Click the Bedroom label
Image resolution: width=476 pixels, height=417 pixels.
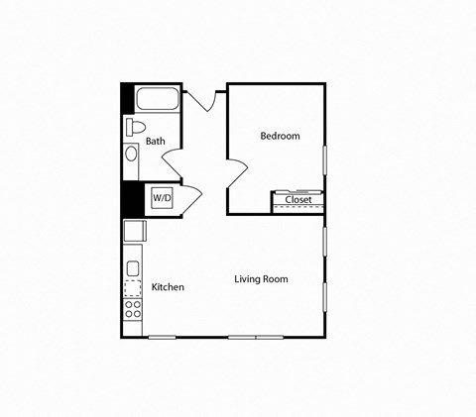click(x=280, y=136)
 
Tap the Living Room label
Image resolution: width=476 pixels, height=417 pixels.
click(x=261, y=279)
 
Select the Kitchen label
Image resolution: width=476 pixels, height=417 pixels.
click(x=168, y=287)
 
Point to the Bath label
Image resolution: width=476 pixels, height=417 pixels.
click(x=156, y=142)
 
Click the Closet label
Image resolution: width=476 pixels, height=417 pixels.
click(x=298, y=200)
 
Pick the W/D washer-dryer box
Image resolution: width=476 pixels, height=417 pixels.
click(x=162, y=198)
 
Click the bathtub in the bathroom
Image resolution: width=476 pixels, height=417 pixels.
click(x=157, y=99)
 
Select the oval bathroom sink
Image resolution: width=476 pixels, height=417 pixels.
click(x=131, y=155)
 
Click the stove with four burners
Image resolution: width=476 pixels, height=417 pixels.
click(x=132, y=308)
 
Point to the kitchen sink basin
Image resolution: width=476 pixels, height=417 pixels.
click(x=132, y=267)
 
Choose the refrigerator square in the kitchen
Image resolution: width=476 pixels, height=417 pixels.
click(x=134, y=231)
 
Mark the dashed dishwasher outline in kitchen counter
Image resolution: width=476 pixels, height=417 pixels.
click(x=132, y=288)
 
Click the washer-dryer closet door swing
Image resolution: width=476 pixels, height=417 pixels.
click(x=191, y=196)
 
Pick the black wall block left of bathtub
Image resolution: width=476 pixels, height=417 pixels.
click(x=127, y=99)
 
